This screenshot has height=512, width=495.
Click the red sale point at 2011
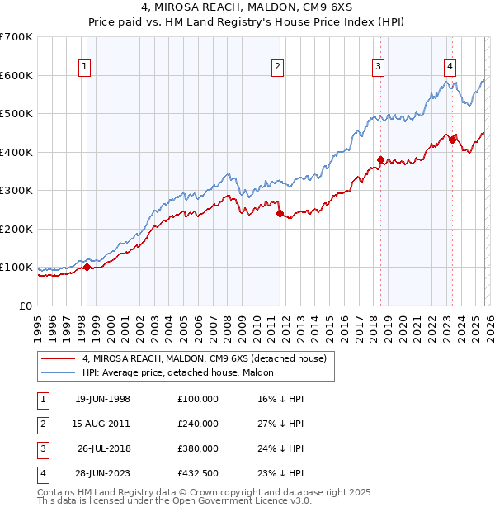[x=280, y=214]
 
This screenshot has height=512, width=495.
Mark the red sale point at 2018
[x=381, y=159]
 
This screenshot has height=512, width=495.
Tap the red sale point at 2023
[x=452, y=140]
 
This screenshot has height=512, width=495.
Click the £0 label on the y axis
[x=25, y=306]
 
